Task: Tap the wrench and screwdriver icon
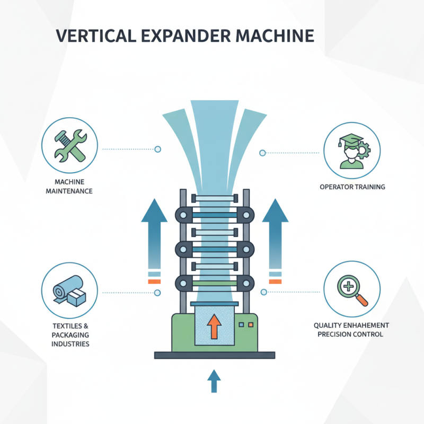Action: [x=69, y=145]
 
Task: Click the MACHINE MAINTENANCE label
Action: [x=69, y=187]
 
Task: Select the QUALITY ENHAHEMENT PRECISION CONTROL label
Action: [x=352, y=329]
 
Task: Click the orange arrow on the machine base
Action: [x=214, y=326]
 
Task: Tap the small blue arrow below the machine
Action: [x=214, y=381]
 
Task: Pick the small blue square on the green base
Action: [x=242, y=324]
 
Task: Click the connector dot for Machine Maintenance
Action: [x=157, y=149]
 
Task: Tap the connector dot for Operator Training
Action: [x=262, y=153]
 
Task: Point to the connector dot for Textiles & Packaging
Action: [x=157, y=292]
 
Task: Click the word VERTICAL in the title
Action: [x=91, y=36]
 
